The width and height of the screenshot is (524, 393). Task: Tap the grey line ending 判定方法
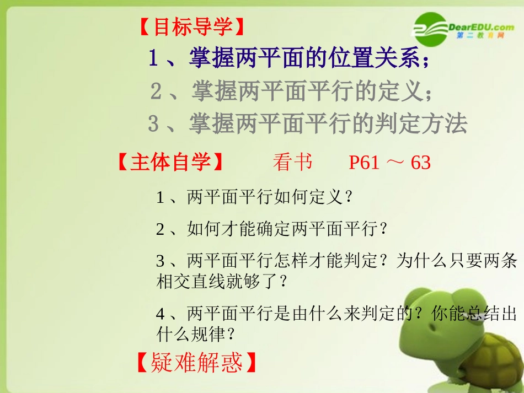tap(307, 124)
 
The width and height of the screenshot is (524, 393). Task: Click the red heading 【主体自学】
tap(170, 163)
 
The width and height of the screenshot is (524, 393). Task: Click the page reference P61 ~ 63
tap(389, 163)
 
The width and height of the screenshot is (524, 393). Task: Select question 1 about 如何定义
tap(255, 197)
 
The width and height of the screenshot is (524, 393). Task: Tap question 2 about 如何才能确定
tap(272, 229)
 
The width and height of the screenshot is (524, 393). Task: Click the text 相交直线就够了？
tap(222, 282)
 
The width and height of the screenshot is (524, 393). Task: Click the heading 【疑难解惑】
tap(196, 363)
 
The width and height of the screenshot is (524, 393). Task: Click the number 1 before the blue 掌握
tap(154, 58)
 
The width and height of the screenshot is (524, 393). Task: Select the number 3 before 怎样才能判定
tap(161, 261)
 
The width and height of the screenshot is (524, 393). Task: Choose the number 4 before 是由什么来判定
tap(161, 314)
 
